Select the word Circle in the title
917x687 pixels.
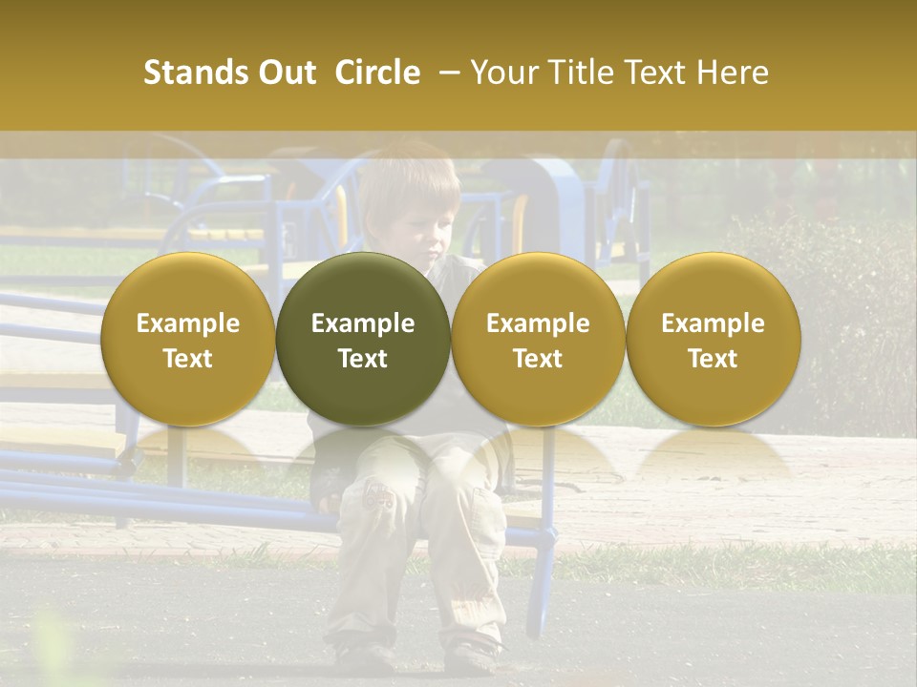[x=377, y=73]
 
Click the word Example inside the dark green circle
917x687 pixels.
[x=363, y=323]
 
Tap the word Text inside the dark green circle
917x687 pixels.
[x=363, y=359]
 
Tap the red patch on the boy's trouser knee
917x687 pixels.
[x=379, y=497]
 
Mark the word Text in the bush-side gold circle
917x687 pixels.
[x=713, y=359]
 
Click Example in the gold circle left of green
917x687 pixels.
[x=188, y=323]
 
